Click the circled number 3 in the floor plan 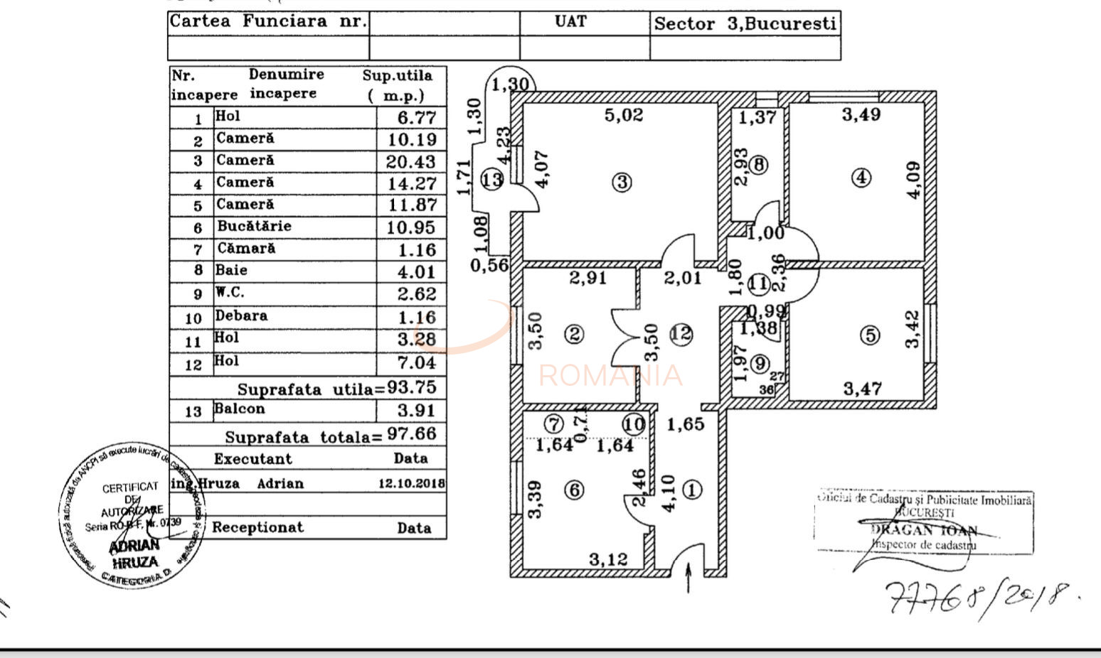pos(622,182)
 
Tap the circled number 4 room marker pos(861,177)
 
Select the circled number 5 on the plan pos(870,335)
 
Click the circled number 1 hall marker pos(692,490)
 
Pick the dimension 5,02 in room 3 pos(624,115)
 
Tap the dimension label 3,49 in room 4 pos(861,114)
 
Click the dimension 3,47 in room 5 pos(863,389)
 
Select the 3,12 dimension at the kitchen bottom pos(608,559)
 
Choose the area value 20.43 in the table pos(411,161)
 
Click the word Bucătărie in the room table pos(254,226)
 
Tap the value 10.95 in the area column pos(412,227)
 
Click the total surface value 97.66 pos(412,433)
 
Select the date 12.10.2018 pos(411,483)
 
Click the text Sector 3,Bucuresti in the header pos(745,23)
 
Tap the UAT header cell pos(570,21)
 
